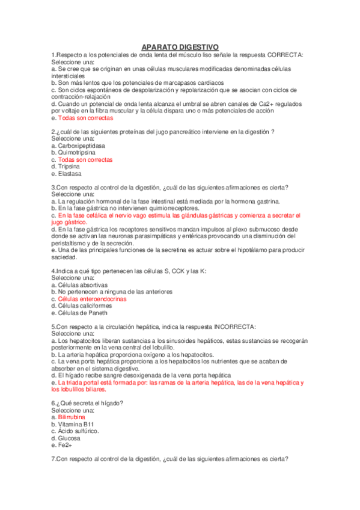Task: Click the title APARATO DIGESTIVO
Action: [180, 47]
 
